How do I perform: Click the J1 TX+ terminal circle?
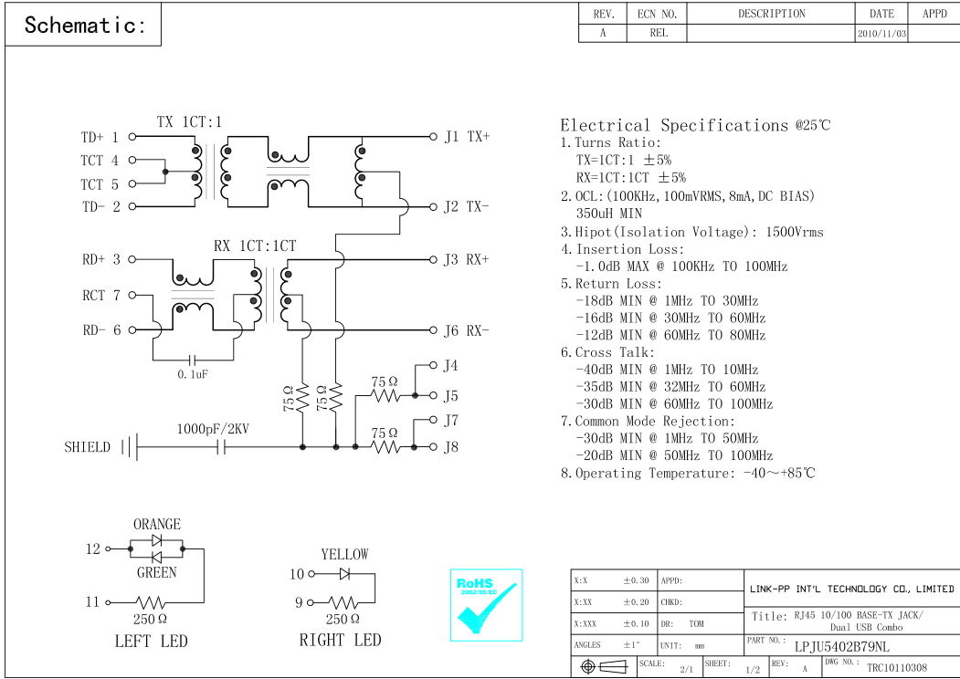coord(433,137)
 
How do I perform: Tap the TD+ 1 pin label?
coord(100,137)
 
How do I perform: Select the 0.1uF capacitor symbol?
coord(193,360)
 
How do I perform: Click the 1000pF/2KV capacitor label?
coord(213,430)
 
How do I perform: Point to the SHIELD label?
coord(87,447)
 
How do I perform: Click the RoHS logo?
coord(487,605)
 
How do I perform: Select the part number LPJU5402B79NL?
coord(842,646)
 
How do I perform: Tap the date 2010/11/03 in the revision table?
coord(881,34)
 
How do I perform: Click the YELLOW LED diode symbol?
coord(344,574)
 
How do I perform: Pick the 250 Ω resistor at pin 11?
coord(150,602)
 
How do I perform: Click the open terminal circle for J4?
coord(433,365)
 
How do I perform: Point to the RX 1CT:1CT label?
coord(255,245)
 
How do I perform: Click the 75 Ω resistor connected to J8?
coord(385,447)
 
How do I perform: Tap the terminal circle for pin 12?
coord(109,548)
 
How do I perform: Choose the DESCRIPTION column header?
coord(772,14)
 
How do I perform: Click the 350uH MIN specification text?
coord(609,214)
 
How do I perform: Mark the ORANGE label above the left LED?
coord(157,524)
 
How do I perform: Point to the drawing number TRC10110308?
coord(897,668)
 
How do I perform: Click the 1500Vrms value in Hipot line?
coord(795,232)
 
